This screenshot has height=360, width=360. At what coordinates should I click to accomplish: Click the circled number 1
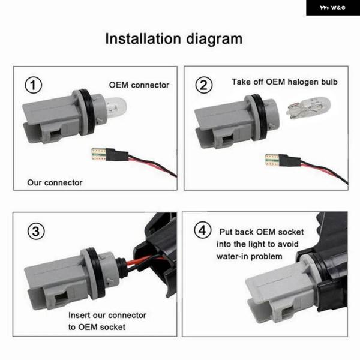(33, 85)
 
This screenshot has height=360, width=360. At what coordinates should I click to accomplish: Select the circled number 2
(203, 85)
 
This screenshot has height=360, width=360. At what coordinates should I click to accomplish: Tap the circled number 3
(36, 231)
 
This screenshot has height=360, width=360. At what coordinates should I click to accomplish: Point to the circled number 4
(203, 230)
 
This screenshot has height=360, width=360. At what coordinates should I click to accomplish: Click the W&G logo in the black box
(332, 8)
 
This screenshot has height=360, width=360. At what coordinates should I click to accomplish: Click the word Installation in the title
(143, 38)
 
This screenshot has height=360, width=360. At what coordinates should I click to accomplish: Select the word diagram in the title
(214, 40)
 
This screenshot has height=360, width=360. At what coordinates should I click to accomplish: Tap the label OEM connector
(139, 85)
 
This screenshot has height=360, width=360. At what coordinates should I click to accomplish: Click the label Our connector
(55, 182)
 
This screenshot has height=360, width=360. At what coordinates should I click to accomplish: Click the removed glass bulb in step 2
(308, 107)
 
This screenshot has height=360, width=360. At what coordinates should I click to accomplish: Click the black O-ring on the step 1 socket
(88, 112)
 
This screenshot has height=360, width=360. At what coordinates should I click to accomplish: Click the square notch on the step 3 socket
(61, 298)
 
